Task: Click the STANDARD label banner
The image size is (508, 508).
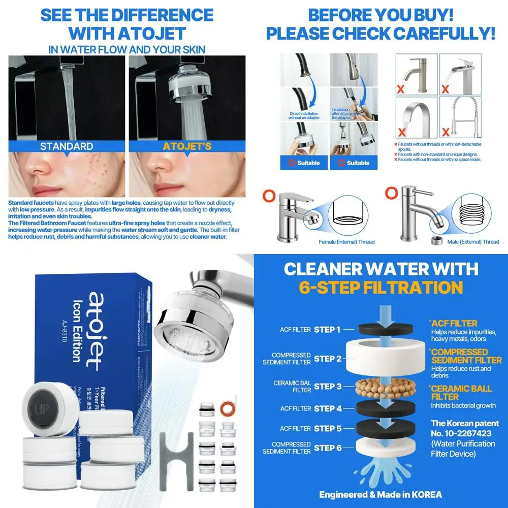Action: [x=67, y=146]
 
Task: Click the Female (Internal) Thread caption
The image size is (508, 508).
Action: [x=346, y=242]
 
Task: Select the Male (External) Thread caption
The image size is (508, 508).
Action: [x=473, y=242]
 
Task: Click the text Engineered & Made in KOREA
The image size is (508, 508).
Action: [x=380, y=494]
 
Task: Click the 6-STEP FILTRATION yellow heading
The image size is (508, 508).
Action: [x=380, y=288]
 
